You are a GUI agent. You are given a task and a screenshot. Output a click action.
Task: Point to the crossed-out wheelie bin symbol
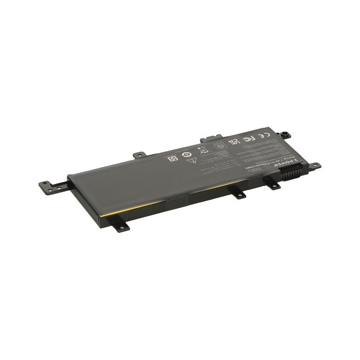coord(202,149)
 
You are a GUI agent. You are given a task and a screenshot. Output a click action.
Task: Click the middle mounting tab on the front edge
coord(238,192)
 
